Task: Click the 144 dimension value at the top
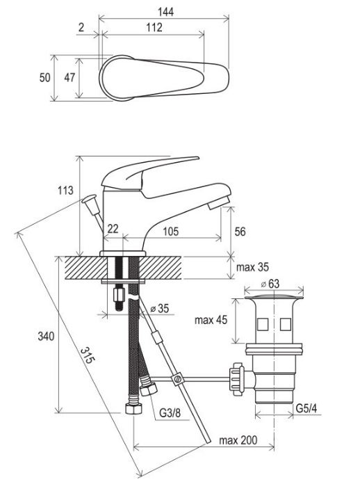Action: pyautogui.click(x=165, y=12)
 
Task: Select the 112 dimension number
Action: pyautogui.click(x=154, y=27)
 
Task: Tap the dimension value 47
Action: pyautogui.click(x=69, y=77)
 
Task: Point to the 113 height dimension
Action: pyautogui.click(x=65, y=191)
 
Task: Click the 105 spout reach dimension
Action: pyautogui.click(x=170, y=231)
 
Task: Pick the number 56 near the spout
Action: pyautogui.click(x=240, y=232)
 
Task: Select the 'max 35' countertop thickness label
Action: pyautogui.click(x=252, y=267)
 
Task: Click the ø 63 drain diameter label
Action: pyautogui.click(x=270, y=284)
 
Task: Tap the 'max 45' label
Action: pyautogui.click(x=211, y=320)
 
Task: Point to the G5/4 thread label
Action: pyautogui.click(x=306, y=408)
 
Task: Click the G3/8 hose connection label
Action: pyautogui.click(x=170, y=413)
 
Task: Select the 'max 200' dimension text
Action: pyautogui.click(x=238, y=440)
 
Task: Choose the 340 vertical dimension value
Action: pyautogui.click(x=46, y=337)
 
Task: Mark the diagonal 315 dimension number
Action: pyautogui.click(x=88, y=355)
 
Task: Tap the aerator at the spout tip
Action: pyautogui.click(x=218, y=204)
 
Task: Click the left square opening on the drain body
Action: pyautogui.click(x=262, y=324)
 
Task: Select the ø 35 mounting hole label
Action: pyautogui.click(x=160, y=308)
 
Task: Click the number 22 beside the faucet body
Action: pyautogui.click(x=113, y=229)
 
